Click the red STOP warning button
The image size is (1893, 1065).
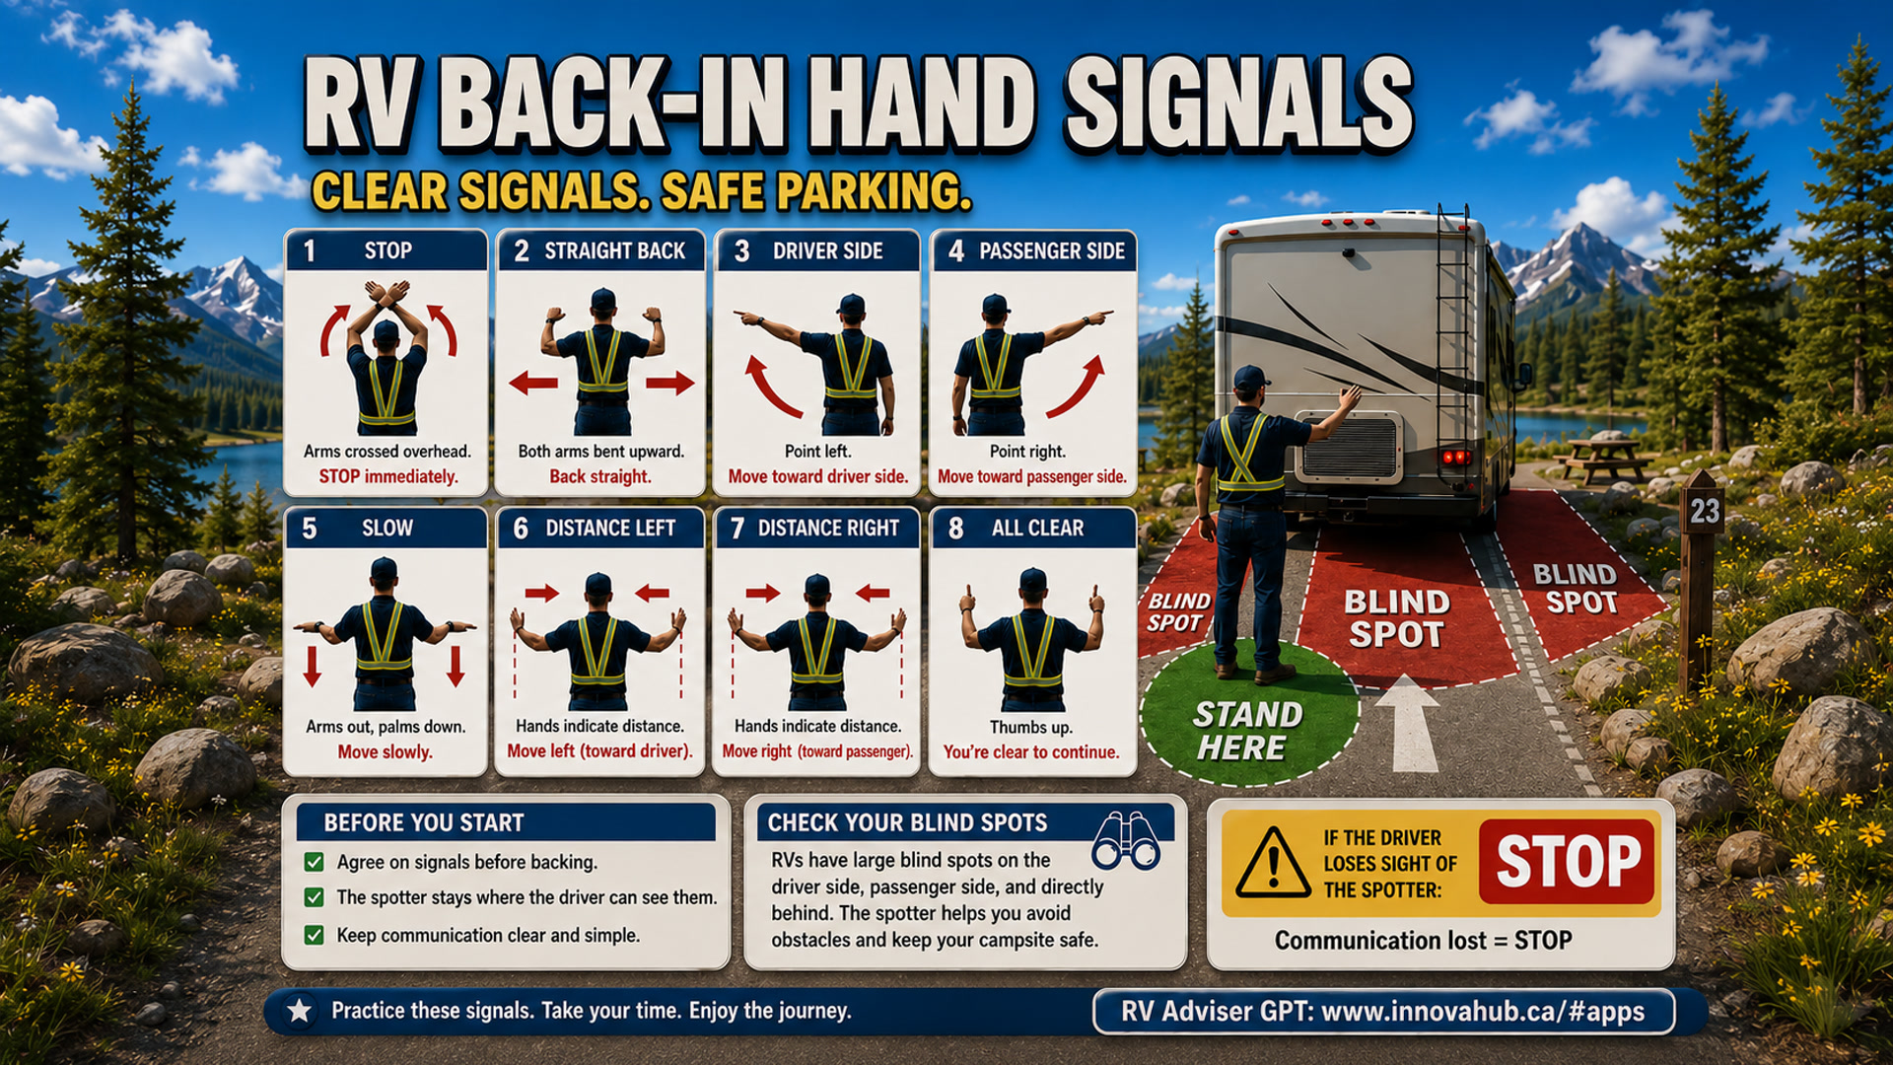(x=1567, y=861)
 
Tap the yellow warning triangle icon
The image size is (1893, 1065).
(x=1273, y=863)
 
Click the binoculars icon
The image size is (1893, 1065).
(x=1126, y=841)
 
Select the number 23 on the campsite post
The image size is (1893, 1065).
(x=1705, y=511)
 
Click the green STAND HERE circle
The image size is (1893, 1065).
(x=1248, y=715)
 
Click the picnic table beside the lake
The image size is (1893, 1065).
(x=1601, y=458)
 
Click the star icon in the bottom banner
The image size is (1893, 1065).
(x=300, y=1010)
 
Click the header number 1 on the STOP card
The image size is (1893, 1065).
(x=310, y=251)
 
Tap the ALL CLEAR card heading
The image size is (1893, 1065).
(x=1037, y=529)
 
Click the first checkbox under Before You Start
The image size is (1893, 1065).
(x=314, y=862)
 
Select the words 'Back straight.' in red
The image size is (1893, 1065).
(x=599, y=476)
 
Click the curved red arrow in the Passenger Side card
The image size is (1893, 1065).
(x=1078, y=387)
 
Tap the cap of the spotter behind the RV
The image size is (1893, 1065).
(x=1250, y=377)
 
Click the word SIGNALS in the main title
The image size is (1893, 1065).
(x=1238, y=106)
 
